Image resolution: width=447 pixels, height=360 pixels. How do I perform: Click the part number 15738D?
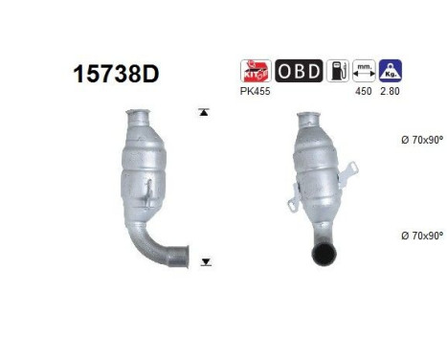point(112,73)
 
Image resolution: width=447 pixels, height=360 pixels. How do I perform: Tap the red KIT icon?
point(255,70)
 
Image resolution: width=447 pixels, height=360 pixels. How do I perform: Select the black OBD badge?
point(299,70)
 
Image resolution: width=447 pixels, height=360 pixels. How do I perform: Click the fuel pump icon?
point(338,70)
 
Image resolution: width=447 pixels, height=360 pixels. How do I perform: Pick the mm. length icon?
point(365,70)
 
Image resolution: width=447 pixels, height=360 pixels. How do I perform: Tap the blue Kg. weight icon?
point(391,70)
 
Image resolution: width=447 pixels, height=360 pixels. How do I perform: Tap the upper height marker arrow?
point(203,113)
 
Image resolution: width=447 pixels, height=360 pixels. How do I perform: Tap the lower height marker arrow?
point(203,260)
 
